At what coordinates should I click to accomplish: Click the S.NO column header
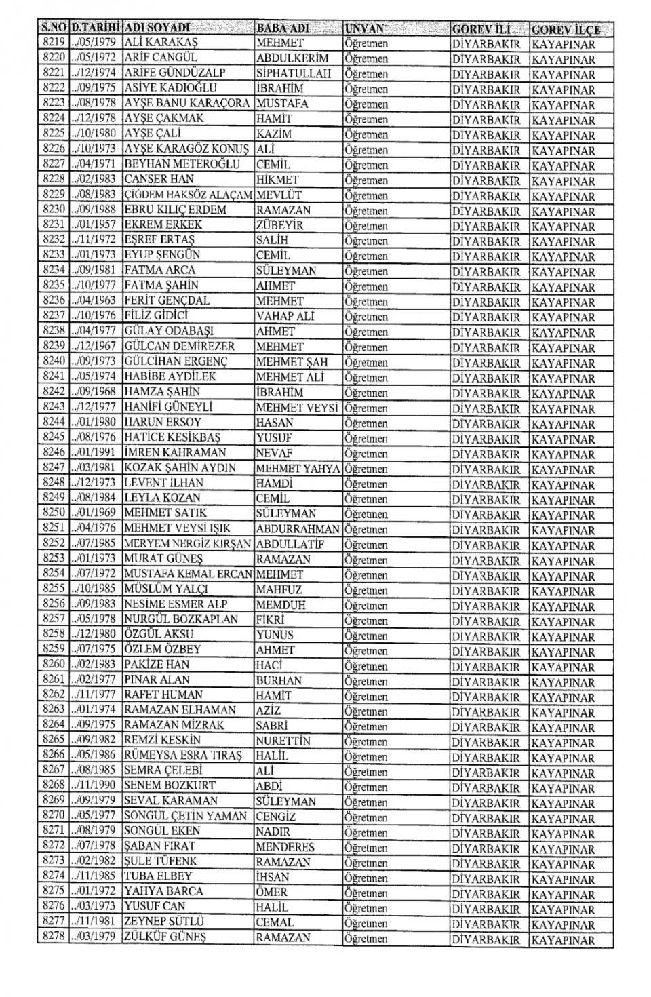point(54,28)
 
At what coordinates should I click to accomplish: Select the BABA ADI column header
point(282,28)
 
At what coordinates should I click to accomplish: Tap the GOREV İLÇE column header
point(565,30)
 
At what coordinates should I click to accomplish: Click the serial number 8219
point(54,43)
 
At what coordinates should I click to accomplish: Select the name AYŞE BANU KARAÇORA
point(187,103)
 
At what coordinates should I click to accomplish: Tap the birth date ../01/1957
point(95,224)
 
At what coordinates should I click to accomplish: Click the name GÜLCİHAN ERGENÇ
point(176,361)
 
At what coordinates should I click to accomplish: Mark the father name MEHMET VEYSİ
point(297,407)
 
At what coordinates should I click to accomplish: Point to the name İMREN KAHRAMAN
point(175,452)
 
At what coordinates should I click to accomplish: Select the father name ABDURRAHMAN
point(298,528)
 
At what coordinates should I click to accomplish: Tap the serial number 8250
point(54,513)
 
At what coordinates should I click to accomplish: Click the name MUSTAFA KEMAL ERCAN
point(189,574)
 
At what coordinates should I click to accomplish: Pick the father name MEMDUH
point(281,604)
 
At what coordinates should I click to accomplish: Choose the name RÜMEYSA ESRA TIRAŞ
point(182,756)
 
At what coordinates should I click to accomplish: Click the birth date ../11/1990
point(95,785)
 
